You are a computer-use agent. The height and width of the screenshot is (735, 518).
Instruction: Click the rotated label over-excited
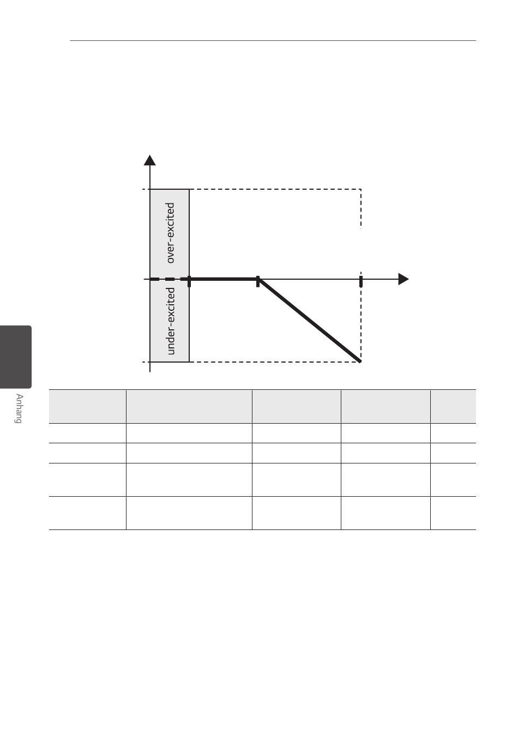point(171,233)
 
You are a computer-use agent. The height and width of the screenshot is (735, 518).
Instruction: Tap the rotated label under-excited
point(171,321)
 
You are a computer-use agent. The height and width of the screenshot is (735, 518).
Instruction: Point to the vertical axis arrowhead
point(149,159)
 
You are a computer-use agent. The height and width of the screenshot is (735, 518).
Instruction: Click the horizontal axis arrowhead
point(403,279)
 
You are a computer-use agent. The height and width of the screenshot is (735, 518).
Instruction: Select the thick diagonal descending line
point(310,320)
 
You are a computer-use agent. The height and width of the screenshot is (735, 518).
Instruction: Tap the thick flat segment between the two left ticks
point(224,279)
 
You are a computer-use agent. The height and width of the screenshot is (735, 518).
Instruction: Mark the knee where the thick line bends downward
point(258,280)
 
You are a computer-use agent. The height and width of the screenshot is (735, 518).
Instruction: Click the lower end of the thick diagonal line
point(360,360)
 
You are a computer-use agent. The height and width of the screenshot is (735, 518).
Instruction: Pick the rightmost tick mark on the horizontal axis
point(360,281)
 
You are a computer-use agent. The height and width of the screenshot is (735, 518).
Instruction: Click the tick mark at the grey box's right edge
point(189,281)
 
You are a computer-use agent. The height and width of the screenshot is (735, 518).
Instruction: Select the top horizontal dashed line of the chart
point(273,189)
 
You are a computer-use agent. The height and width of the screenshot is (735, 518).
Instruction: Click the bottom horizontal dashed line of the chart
point(273,362)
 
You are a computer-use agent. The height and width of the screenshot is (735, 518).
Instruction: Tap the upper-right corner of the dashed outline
point(361,190)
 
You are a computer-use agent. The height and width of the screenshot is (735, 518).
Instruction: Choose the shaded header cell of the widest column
point(189,406)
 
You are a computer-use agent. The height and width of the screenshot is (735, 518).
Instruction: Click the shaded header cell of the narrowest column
point(453,406)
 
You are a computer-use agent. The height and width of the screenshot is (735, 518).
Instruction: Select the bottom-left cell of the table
point(87,513)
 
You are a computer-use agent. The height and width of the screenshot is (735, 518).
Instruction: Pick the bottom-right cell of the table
point(453,513)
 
